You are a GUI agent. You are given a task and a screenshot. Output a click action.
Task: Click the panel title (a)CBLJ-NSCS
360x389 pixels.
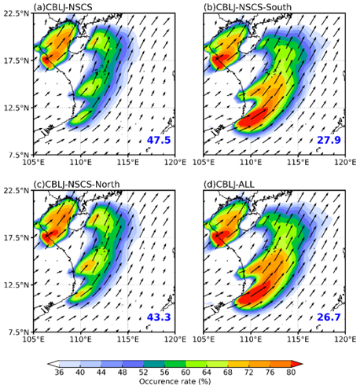63,7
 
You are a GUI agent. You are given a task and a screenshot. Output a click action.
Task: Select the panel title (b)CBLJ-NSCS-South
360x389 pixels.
248,7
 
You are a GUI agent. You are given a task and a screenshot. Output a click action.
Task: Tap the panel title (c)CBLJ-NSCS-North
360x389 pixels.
76,184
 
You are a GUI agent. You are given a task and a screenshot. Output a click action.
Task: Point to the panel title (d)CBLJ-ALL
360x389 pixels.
229,184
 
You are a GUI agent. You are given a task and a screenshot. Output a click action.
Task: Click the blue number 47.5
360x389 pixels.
159,140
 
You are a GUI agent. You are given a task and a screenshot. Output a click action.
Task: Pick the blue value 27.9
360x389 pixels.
329,140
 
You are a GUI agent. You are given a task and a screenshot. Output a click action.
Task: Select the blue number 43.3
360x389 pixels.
159,317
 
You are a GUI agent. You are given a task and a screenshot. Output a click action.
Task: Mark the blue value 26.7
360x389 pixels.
329,317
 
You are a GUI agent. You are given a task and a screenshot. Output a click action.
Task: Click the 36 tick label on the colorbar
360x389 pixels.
59,372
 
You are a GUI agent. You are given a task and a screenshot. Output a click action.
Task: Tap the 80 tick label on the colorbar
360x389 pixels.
291,372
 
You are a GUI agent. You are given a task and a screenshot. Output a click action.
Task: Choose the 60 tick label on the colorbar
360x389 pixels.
186,372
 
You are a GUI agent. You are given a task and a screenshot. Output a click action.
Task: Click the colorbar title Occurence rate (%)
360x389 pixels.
174,381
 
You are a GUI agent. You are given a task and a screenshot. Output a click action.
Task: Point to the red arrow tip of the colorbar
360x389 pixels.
303,364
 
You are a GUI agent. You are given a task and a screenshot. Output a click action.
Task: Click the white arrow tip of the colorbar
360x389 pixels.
48,364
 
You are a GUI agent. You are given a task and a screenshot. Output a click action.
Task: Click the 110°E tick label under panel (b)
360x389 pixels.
251,163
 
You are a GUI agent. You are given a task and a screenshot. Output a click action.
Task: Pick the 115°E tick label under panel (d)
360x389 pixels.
298,339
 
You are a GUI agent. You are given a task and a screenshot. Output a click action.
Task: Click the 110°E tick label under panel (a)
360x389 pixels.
81,163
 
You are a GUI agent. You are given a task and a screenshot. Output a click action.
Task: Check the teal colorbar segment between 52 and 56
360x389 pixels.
154,364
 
